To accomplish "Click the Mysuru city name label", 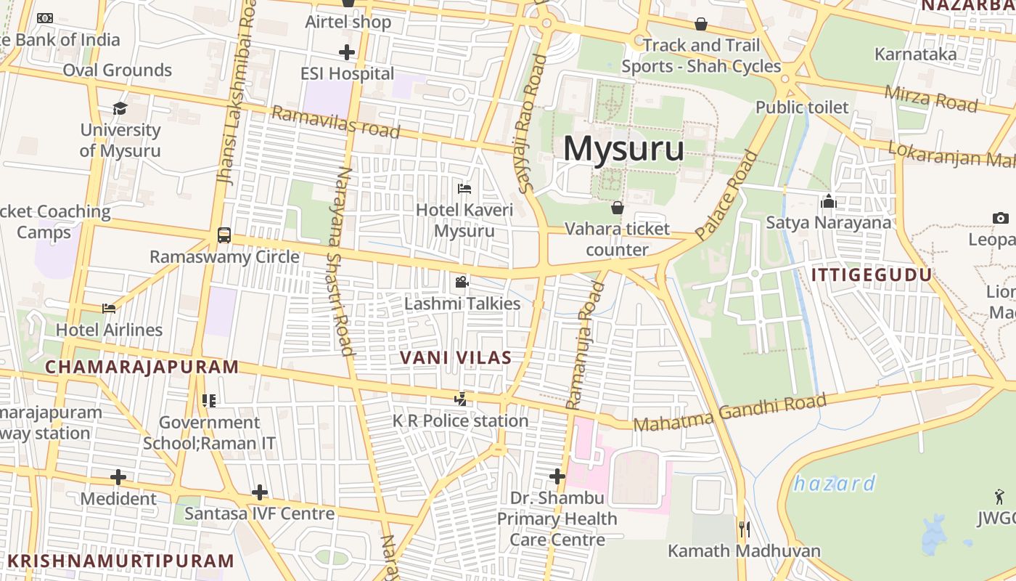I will (x=623, y=149).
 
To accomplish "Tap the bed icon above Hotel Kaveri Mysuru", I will (x=464, y=189).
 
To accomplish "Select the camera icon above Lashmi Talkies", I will (x=462, y=282).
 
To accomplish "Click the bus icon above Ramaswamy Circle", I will (x=224, y=235).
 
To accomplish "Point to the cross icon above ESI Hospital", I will (x=347, y=52).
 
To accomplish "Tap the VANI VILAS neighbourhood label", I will (x=456, y=357).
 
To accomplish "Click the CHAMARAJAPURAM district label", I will (x=142, y=367).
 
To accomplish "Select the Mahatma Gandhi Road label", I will (x=730, y=413).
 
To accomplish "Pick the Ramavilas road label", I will (x=335, y=122).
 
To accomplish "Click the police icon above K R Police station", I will (x=460, y=399).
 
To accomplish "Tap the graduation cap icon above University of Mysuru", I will (x=120, y=109).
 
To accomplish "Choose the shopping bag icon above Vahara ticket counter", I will (x=618, y=208).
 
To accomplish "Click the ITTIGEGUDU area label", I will (x=871, y=275).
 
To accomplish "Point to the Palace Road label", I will (x=726, y=195).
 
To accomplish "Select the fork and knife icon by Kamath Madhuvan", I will (x=744, y=529).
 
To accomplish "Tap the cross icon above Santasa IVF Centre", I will (x=259, y=492).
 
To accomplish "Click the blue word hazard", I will (x=834, y=483).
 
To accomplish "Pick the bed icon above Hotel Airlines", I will (x=109, y=309).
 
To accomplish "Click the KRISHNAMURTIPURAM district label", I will (x=121, y=561).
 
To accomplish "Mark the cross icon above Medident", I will (x=118, y=477).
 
